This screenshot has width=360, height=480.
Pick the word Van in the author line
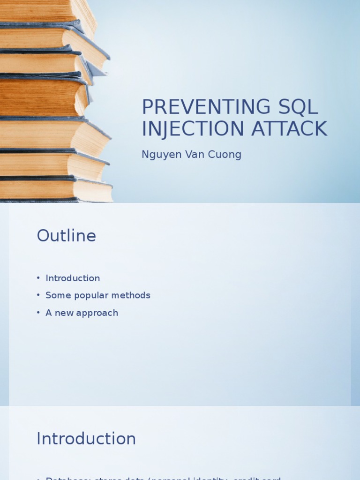pos(194,154)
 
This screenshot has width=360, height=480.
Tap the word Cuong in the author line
pos(225,155)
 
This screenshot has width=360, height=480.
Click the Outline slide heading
pos(66,236)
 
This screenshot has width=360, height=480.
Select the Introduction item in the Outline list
pos(73,278)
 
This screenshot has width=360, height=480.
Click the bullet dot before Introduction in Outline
pos(38,278)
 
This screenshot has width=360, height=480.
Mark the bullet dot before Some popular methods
pos(38,296)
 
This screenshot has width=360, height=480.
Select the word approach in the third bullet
pos(97,313)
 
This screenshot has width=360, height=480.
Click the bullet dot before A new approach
pos(38,313)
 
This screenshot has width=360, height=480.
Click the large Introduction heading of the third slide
pos(86,439)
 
